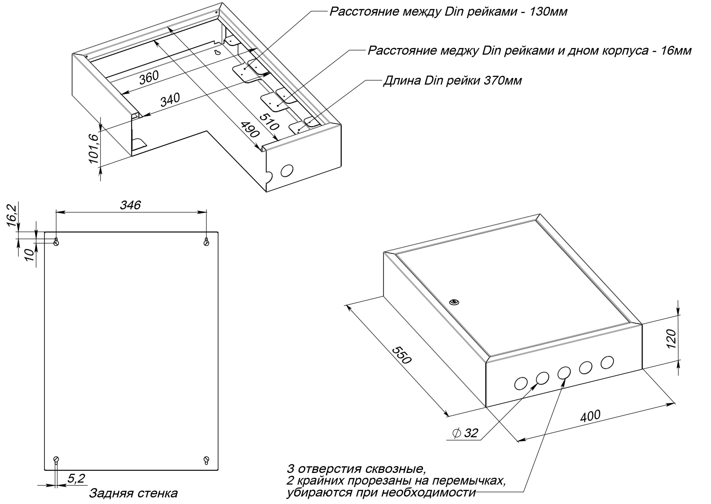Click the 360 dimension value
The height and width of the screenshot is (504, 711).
click(x=149, y=78)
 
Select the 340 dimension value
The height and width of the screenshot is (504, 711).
click(x=170, y=100)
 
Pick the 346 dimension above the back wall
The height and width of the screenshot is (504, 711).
click(x=131, y=205)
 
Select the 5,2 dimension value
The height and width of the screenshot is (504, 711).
click(x=76, y=478)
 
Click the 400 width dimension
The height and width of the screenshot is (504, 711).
click(x=590, y=416)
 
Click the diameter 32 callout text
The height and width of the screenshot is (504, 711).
click(x=466, y=433)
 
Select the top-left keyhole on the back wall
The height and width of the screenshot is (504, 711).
click(x=56, y=241)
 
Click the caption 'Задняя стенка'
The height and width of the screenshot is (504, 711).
click(x=134, y=493)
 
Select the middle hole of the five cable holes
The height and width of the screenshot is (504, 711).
click(x=564, y=372)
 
